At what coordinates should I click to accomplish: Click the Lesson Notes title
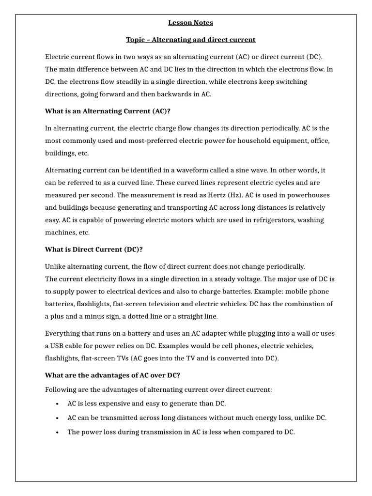pos(190,22)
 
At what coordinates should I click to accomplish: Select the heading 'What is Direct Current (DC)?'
pos(93,249)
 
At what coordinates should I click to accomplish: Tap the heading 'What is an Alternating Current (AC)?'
pos(108,111)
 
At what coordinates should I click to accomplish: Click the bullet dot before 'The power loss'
pos(58,432)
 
